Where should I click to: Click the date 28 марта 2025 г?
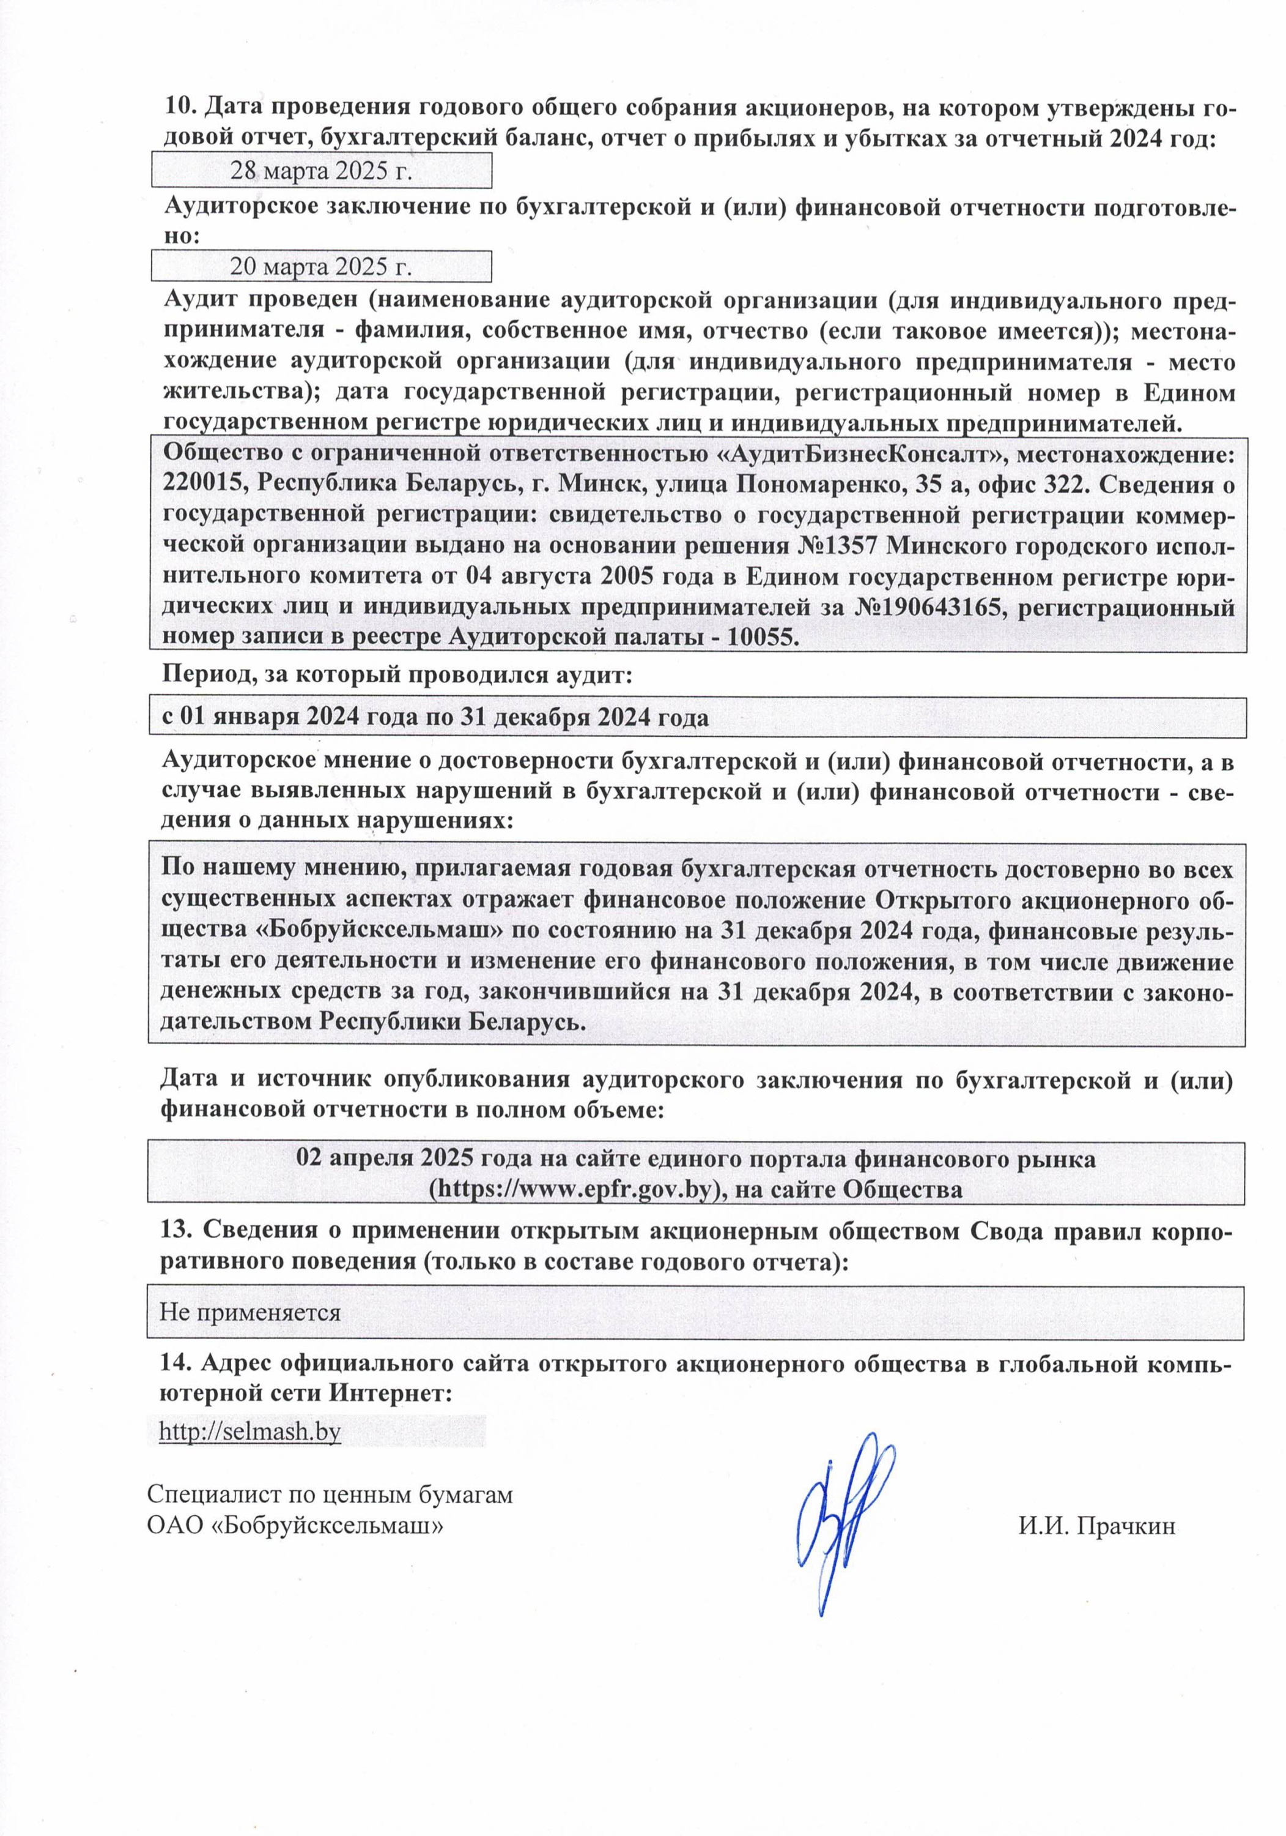click(320, 171)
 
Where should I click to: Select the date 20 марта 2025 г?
click(320, 266)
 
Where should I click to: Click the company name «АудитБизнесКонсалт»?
click(855, 454)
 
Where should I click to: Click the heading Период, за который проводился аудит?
click(397, 675)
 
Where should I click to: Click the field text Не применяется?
click(249, 1312)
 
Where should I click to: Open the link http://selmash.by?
click(249, 1431)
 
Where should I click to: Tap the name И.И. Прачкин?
click(1096, 1526)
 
